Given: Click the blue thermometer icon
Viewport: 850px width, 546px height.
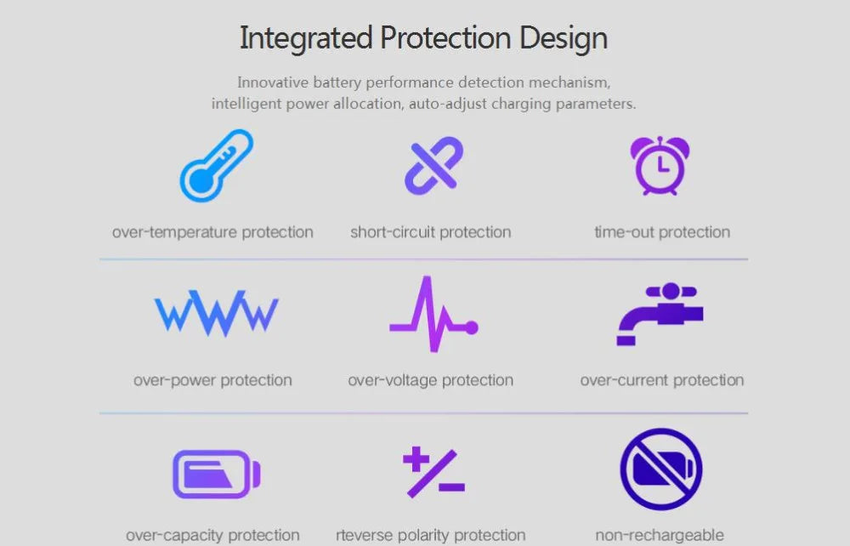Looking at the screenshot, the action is [216, 165].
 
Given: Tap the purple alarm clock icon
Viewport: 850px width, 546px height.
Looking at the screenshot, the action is [660, 166].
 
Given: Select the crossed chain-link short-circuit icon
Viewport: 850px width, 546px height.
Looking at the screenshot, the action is [433, 165].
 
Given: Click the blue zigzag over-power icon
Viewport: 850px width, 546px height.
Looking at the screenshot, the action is [216, 313].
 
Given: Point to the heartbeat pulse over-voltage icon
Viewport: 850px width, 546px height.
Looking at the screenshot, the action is [433, 314].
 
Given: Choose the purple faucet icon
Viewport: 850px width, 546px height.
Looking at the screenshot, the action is [660, 314].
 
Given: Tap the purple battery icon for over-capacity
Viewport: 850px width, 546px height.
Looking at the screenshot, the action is [216, 474].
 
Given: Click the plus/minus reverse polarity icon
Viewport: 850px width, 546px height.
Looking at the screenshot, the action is [433, 472].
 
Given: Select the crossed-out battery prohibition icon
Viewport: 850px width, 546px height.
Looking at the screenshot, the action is [660, 469].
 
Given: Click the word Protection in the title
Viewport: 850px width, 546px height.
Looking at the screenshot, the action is [445, 38].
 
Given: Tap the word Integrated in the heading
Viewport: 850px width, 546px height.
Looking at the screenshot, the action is [306, 38].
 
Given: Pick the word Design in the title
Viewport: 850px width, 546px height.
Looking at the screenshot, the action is [564, 38].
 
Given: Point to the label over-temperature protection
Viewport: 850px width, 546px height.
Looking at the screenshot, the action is [212, 233].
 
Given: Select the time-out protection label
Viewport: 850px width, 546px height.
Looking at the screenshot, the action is [662, 233].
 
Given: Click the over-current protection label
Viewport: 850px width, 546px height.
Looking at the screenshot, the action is [662, 381].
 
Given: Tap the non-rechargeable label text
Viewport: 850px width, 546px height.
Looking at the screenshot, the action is [660, 535].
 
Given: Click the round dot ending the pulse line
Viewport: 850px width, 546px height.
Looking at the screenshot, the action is [472, 327].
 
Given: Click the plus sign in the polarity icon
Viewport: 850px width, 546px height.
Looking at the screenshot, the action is [416, 459].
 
